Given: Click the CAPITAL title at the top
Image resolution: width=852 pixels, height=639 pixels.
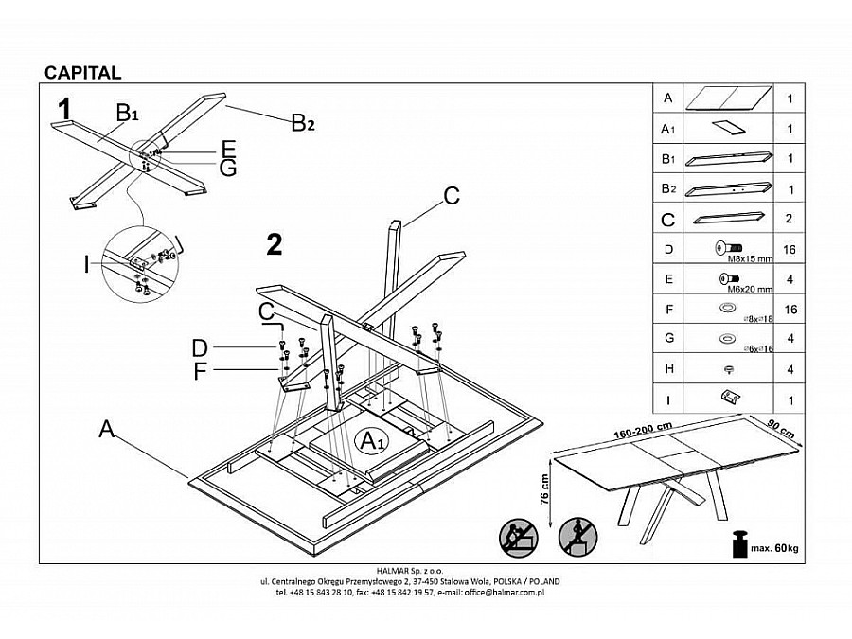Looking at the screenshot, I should point(82,73).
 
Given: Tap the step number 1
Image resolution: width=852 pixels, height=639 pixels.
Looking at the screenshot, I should point(64,110).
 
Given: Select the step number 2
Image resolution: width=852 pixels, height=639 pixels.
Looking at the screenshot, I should point(275,244).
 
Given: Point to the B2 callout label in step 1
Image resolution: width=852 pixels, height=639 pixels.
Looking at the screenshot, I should point(302,122).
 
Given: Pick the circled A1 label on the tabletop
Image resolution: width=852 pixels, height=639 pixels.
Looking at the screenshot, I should point(369,440).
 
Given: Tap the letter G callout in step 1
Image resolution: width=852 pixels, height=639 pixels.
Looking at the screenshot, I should point(227,169).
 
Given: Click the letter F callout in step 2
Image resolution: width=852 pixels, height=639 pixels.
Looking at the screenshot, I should point(200,372).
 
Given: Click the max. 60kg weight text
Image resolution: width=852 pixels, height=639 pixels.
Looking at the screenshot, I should point(772,548).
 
